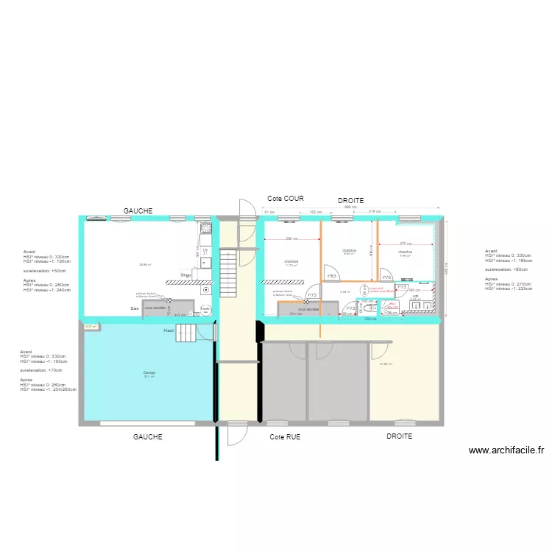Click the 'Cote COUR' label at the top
coord(286,199)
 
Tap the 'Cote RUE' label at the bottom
coord(285,437)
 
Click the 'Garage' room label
coord(149,373)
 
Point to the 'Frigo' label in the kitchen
coord(186,275)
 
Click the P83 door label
coord(332,276)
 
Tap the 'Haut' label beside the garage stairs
coord(169,331)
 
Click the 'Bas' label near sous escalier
coord(135,308)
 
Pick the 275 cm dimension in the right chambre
coord(406,244)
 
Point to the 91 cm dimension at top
coord(269,212)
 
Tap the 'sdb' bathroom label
coord(415,296)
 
